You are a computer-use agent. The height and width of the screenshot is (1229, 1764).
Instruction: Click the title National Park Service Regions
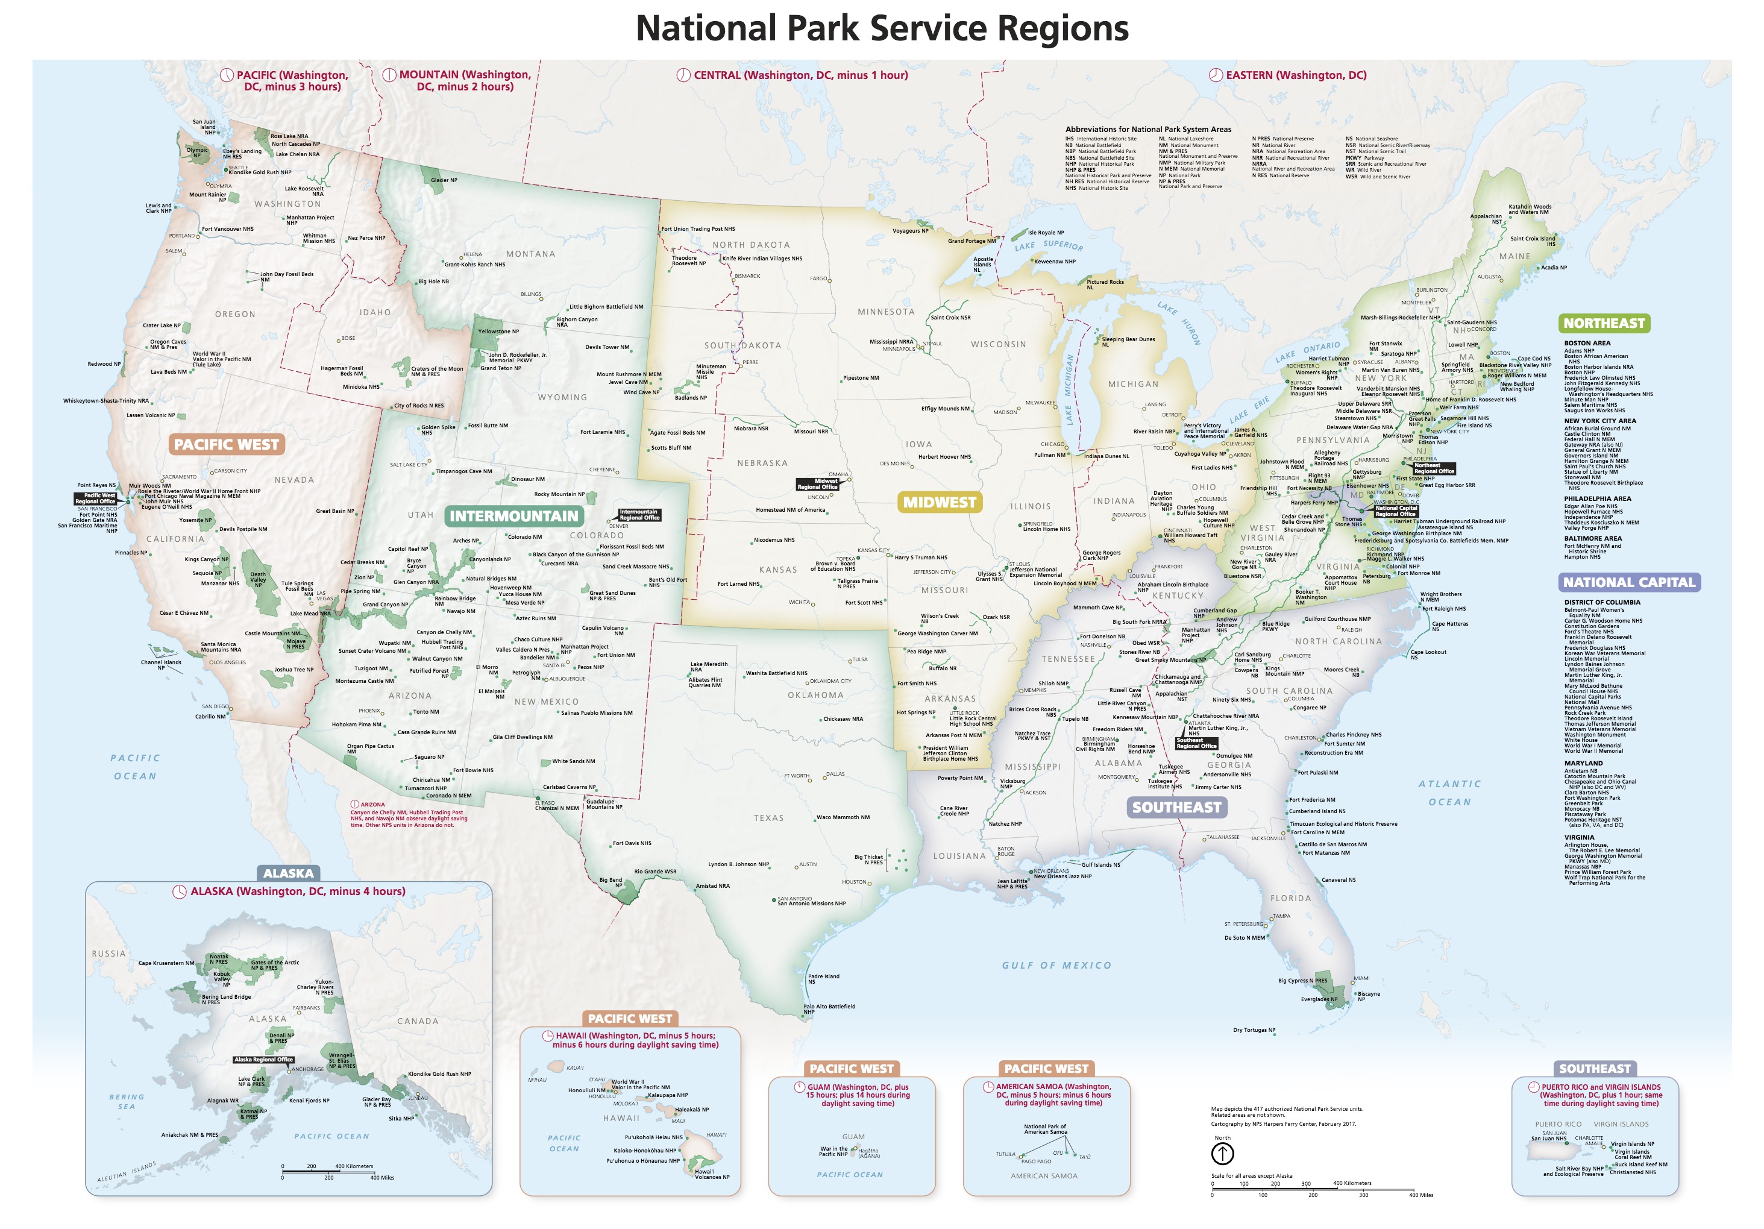(x=882, y=28)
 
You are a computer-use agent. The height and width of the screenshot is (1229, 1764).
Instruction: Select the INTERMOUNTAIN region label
(x=513, y=516)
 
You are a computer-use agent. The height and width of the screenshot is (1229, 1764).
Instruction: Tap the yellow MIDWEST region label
(x=939, y=502)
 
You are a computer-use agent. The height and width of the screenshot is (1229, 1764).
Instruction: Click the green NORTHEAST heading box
(x=1604, y=324)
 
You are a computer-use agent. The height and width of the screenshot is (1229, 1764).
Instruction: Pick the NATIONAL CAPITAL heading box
(x=1629, y=582)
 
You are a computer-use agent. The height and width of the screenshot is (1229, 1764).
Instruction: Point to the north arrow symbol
(x=1222, y=1153)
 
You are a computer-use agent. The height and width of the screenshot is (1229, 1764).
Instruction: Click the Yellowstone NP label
(x=498, y=332)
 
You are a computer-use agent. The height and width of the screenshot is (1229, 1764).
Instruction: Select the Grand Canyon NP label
(x=385, y=604)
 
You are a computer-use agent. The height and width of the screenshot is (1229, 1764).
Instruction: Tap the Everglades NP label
(x=1319, y=999)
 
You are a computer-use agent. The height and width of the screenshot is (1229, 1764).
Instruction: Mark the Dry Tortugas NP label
(x=1254, y=1030)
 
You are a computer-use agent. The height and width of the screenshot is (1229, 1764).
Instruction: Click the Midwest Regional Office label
(x=817, y=483)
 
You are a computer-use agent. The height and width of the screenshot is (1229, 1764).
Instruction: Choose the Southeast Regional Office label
(x=1196, y=743)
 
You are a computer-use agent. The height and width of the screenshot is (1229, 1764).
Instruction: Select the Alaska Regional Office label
(x=263, y=1059)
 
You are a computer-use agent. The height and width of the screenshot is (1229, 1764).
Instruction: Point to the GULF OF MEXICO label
(x=1056, y=966)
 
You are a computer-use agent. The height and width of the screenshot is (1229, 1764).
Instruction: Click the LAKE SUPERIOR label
(x=1048, y=246)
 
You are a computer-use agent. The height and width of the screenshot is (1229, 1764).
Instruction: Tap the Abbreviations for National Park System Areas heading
(x=1148, y=129)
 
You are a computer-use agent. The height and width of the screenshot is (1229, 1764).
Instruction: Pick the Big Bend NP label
(x=610, y=882)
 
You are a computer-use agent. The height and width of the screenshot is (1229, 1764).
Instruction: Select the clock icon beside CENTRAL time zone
(x=683, y=75)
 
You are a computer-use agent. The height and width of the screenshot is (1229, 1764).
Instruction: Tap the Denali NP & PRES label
(x=281, y=1037)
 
